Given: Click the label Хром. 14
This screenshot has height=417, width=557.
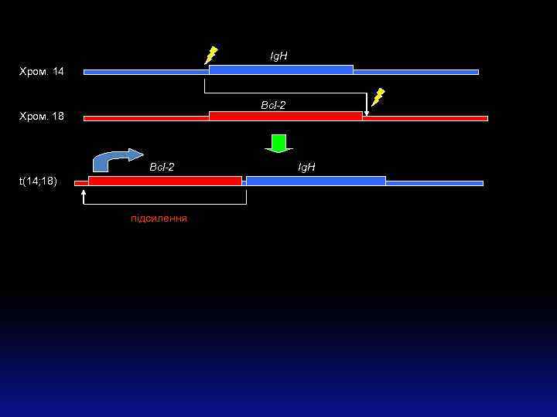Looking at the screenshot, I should [x=42, y=72].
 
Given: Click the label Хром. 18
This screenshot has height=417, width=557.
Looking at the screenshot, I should [x=42, y=117].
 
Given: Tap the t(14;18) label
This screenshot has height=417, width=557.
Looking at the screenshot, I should [x=38, y=181].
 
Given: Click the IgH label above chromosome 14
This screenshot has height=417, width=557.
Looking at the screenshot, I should [x=278, y=56].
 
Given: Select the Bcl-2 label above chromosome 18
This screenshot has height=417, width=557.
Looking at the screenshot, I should [x=273, y=105].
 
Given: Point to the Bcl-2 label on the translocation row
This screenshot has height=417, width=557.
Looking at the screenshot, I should [x=162, y=167].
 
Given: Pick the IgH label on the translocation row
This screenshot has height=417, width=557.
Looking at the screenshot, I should [x=307, y=167].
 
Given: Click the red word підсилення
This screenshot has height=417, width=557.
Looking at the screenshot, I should [x=159, y=219].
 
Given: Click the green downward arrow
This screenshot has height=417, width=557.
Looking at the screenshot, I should [x=278, y=144].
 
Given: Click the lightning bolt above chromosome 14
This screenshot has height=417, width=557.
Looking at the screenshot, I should [x=210, y=55].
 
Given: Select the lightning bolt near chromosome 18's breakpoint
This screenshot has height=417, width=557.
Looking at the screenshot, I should [x=378, y=97].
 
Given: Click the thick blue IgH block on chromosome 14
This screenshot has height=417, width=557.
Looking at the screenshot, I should [x=281, y=70].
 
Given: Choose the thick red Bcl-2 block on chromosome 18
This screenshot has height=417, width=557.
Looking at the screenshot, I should [x=285, y=116].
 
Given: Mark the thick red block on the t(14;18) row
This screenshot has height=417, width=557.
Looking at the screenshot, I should [x=165, y=181].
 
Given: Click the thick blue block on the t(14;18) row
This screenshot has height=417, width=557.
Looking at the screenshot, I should [x=316, y=181].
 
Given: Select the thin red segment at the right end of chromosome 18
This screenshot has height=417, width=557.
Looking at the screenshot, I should [x=425, y=118].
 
